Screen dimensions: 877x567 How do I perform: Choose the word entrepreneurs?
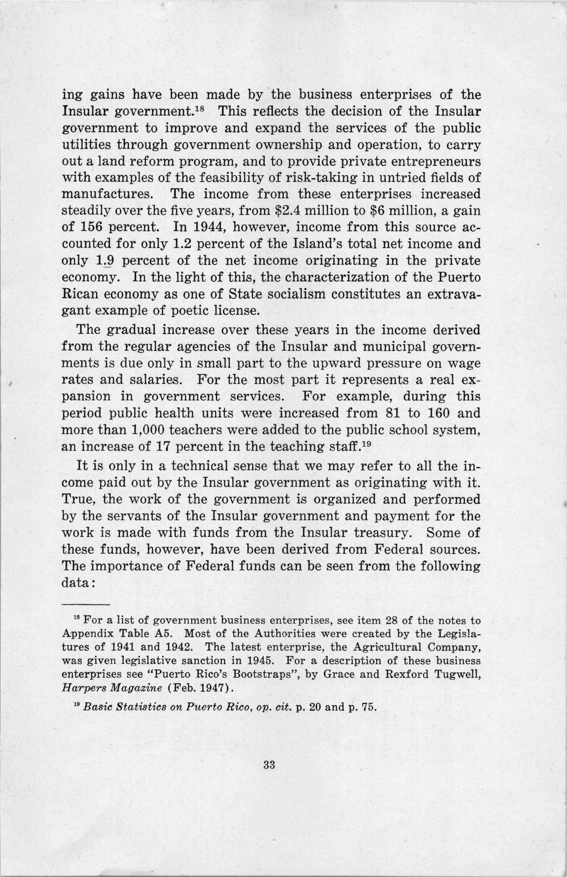click(x=430, y=161)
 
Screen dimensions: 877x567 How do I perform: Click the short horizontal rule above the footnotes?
click(x=85, y=605)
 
